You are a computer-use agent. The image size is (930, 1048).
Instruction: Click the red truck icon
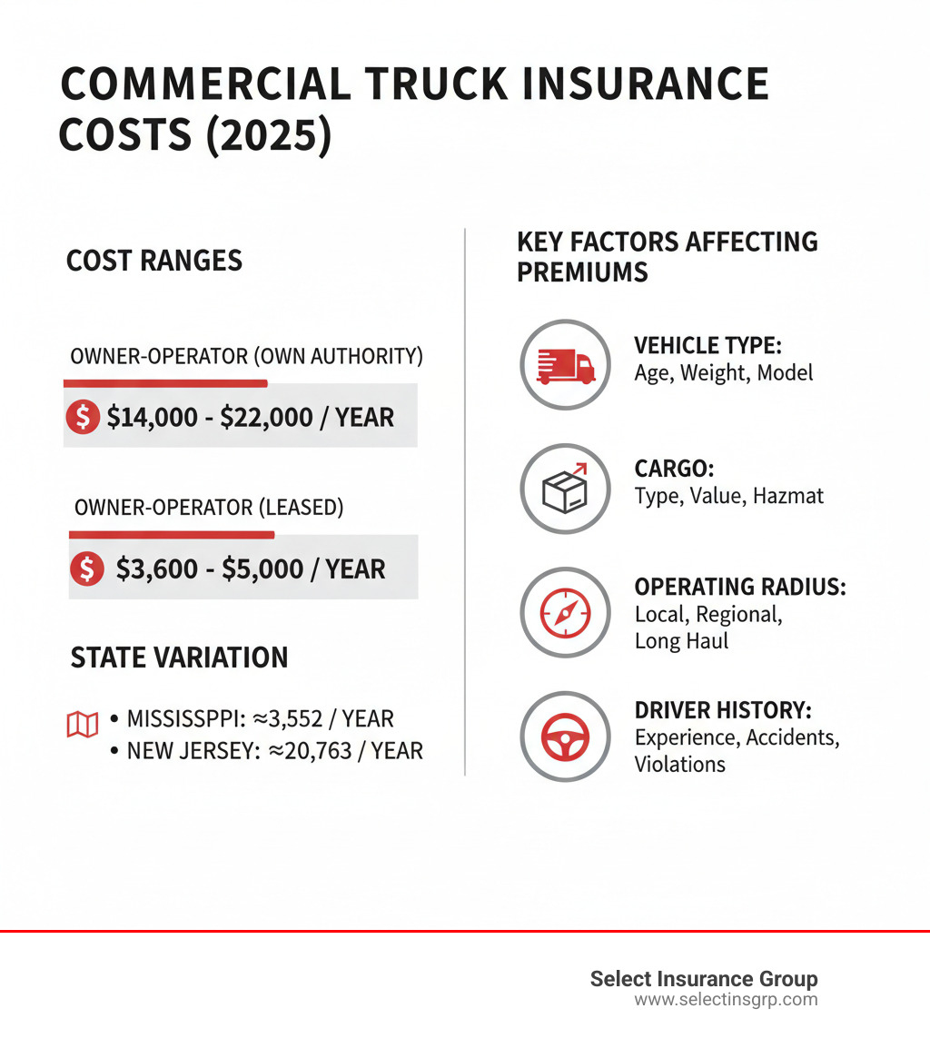point(564,365)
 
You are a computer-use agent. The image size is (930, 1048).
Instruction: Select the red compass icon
point(564,613)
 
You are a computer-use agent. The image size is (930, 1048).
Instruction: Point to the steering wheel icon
point(564,737)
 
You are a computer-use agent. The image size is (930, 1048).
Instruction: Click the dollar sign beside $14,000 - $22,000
point(84,417)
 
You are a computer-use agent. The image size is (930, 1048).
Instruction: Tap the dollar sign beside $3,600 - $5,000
point(87,568)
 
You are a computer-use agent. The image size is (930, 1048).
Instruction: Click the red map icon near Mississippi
point(83,724)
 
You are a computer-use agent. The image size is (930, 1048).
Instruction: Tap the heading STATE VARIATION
point(179,657)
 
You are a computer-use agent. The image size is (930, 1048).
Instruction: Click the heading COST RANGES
point(154,262)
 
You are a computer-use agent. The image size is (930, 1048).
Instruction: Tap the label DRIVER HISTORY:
point(723,710)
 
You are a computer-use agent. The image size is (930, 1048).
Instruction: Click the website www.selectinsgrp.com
point(725,1000)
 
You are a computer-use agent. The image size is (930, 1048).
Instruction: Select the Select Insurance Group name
point(704,978)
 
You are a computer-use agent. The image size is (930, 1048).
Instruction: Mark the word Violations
point(679,764)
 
